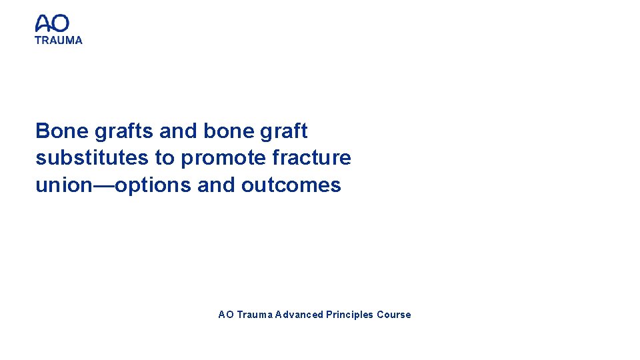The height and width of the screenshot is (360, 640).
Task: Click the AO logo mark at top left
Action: [x=52, y=24]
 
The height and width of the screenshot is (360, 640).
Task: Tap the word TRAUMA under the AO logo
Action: [x=59, y=40]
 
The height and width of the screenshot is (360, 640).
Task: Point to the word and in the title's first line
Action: [x=178, y=131]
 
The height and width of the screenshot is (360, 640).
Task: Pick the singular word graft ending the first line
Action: [x=284, y=131]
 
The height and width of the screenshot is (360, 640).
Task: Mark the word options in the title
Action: [x=153, y=185]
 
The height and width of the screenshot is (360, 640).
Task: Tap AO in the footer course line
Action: [x=225, y=315]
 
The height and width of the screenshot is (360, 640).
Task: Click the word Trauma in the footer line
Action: [x=253, y=315]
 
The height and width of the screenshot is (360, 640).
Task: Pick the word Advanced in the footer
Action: [x=299, y=315]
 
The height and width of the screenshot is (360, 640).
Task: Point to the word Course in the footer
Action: [x=394, y=315]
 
